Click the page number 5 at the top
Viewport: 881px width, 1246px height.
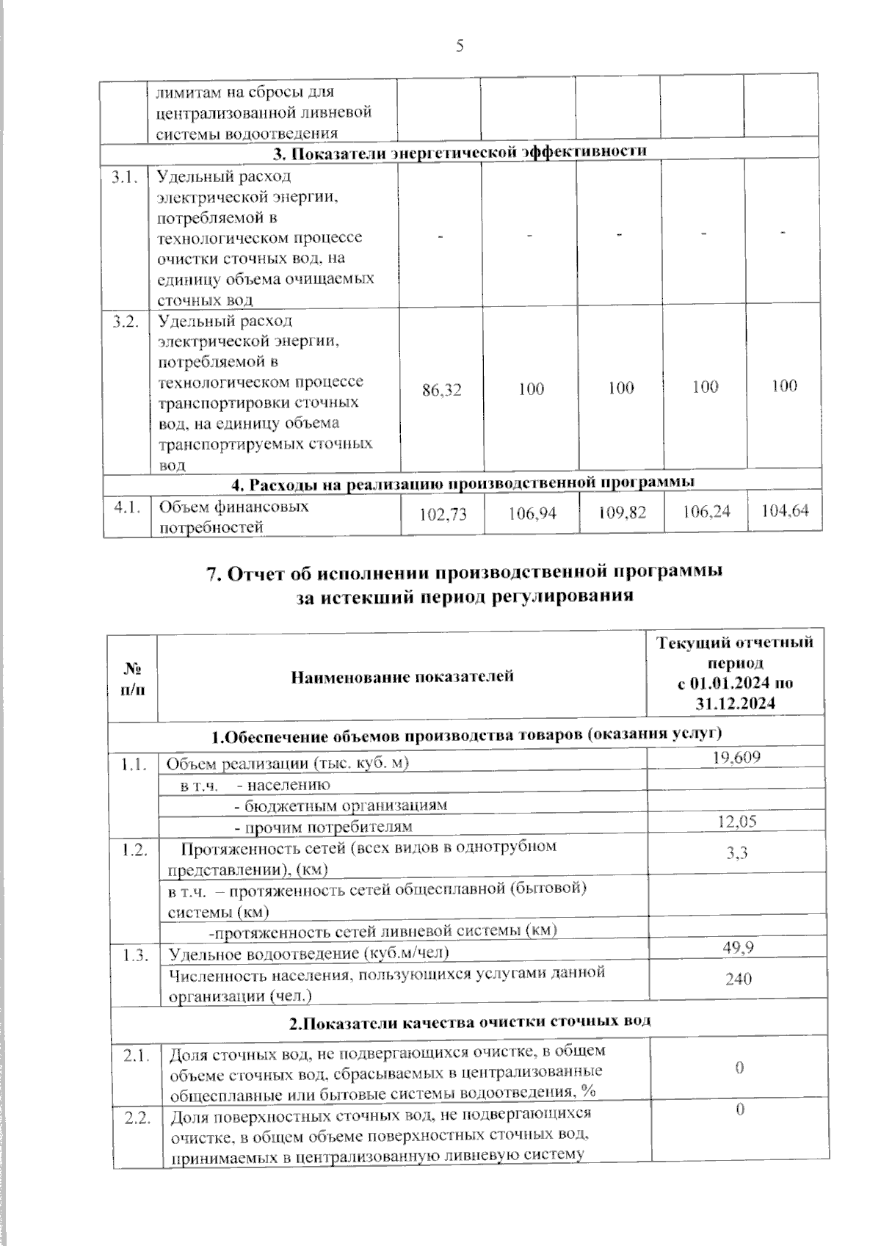pos(460,46)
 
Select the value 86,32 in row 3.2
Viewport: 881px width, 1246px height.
pos(442,391)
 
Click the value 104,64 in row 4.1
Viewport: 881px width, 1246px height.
pos(785,510)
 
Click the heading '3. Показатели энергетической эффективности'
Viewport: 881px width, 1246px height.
pos(460,151)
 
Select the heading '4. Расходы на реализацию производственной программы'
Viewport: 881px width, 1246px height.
pos(463,483)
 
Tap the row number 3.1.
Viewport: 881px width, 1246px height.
pos(125,177)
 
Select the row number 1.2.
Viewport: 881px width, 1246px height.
pos(135,850)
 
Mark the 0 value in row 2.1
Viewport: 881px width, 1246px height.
pos(739,1068)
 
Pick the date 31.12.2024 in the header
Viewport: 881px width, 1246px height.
pos(735,703)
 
